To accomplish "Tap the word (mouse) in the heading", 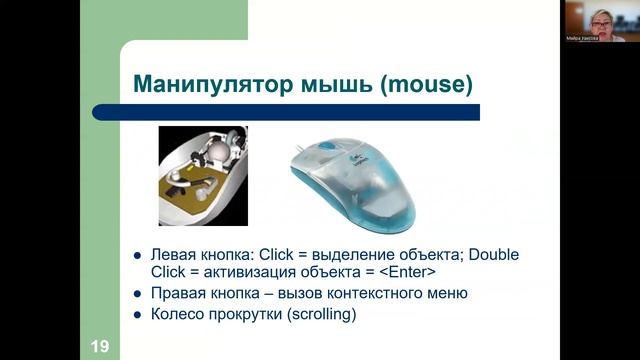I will [424, 83].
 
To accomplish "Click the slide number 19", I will [99, 346].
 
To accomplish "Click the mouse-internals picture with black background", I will [203, 175].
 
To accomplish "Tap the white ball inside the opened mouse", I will [219, 151].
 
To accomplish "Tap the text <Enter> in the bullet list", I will [407, 272].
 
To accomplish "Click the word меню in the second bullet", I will [446, 293].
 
